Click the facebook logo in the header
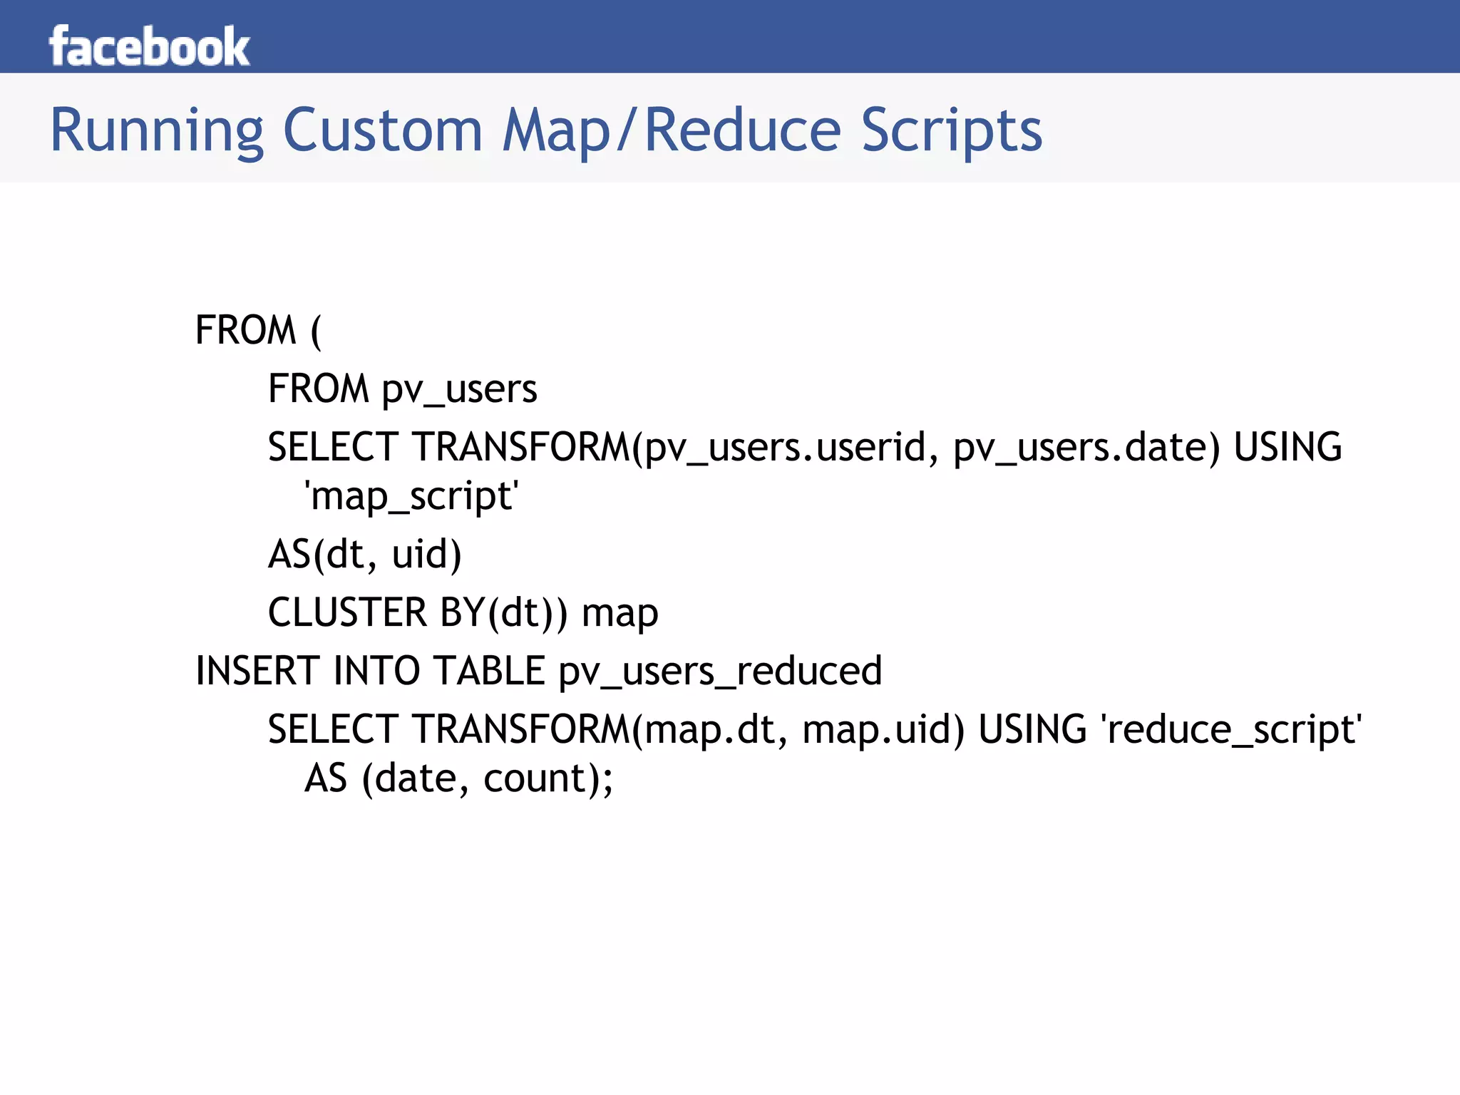coord(149,46)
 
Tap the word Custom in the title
coord(383,131)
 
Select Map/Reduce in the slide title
coord(672,131)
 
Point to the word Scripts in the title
coord(951,131)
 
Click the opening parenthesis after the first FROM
coord(316,331)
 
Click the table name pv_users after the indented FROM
coord(459,390)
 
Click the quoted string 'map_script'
coord(411,496)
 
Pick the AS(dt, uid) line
coord(364,555)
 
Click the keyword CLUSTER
coord(347,613)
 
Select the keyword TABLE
coord(490,672)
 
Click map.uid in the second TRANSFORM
coord(883,730)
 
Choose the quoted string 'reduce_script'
coord(1231,730)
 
